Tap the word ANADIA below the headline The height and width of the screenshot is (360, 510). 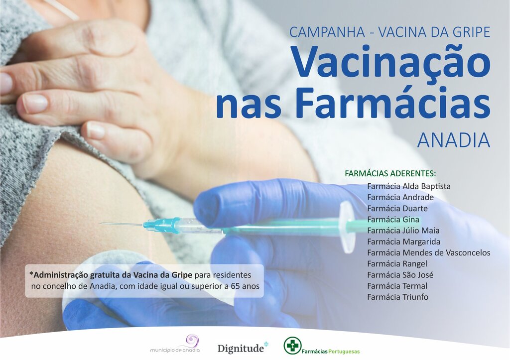pos(453,140)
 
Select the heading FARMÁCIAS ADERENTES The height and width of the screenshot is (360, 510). pos(390,174)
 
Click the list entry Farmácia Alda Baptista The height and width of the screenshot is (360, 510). pos(408,186)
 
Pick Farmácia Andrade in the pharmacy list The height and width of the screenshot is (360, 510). pos(400,197)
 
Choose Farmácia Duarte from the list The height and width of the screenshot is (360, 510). pos(397,208)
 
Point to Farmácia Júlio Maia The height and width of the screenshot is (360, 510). pos(403,231)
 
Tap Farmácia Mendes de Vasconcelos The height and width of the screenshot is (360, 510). pos(428,252)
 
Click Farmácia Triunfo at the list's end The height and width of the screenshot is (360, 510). pos(397,297)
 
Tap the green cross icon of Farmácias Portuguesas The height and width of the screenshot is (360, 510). pos(292,345)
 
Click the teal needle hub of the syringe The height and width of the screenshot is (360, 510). pos(162,226)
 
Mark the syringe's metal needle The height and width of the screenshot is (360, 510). pos(122,224)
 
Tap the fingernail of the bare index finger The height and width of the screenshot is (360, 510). pos(35,104)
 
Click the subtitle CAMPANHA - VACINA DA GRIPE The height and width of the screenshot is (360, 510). pos(389,32)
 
